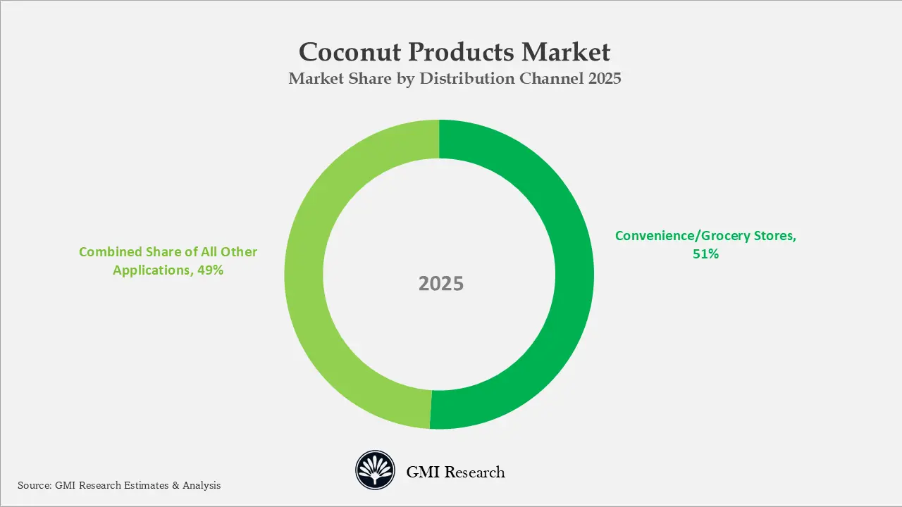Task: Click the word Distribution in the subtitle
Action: coord(466,79)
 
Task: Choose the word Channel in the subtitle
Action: coord(550,79)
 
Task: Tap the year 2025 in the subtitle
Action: coord(603,79)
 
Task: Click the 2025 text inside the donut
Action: coord(441,284)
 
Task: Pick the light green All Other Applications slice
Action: coord(304,275)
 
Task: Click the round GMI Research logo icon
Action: coord(374,470)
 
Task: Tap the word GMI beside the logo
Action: coord(421,472)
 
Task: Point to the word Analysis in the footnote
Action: coord(202,485)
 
